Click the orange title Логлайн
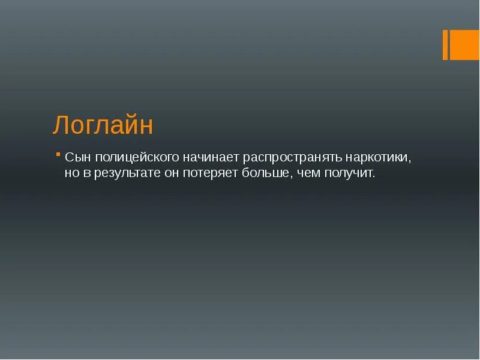103,126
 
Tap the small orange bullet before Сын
58,154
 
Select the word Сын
76,157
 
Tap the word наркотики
379,158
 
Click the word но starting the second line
72,173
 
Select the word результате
132,174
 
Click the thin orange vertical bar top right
445,45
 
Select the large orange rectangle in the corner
464,45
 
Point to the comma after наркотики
411,161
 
